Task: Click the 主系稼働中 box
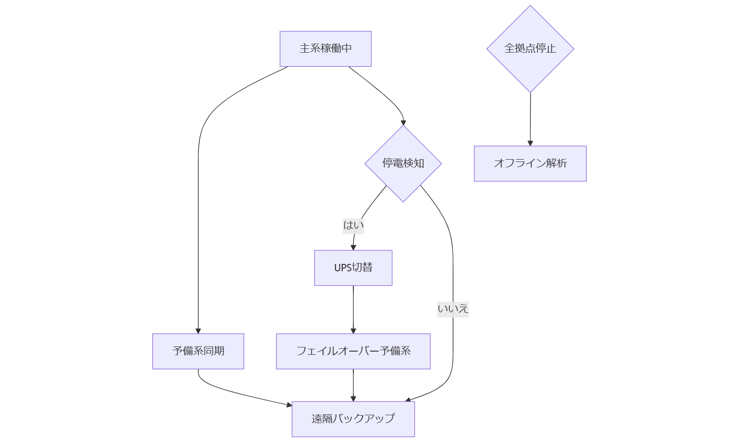coord(325,48)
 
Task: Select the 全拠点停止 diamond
coord(530,48)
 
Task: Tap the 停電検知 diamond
coord(403,163)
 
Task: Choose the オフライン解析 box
coord(530,163)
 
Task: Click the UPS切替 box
coord(353,268)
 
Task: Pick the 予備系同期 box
coord(198,351)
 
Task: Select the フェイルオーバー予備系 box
coord(353,351)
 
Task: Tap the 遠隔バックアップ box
coord(353,418)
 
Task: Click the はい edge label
coord(353,225)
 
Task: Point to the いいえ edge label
coord(453,309)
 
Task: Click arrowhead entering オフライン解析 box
coord(530,143)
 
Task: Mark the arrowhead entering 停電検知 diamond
coord(403,123)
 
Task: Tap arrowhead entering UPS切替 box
coord(353,247)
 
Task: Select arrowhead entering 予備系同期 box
coord(198,331)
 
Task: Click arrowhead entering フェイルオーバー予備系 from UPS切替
coord(353,331)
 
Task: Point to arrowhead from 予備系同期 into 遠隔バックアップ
coord(289,405)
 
